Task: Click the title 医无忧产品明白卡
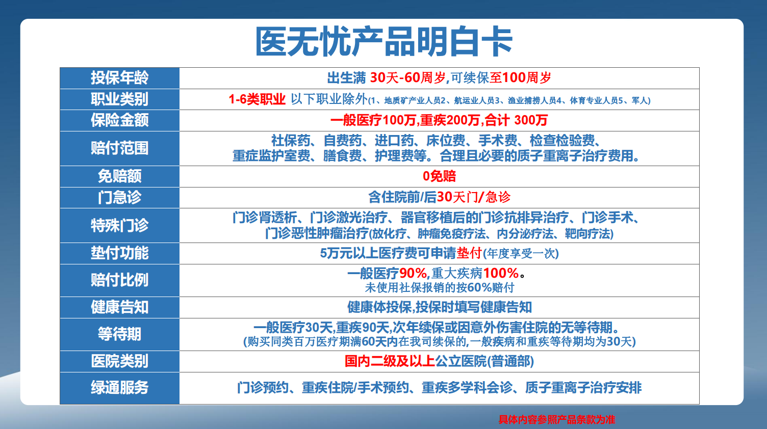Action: point(383,42)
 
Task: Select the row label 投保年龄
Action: point(119,78)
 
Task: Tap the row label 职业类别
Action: point(119,99)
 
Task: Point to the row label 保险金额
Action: point(119,120)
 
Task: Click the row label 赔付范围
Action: point(119,148)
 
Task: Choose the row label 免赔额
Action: point(119,176)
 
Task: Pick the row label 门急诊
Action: point(119,197)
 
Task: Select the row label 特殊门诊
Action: point(119,225)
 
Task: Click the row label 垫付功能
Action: point(119,253)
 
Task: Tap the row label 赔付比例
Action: point(119,280)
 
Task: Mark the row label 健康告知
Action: point(119,307)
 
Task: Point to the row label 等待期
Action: point(119,334)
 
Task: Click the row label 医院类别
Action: point(119,361)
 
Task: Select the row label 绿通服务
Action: point(119,388)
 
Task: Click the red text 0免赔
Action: point(439,176)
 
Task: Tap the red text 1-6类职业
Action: point(257,99)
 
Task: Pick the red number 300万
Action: point(531,120)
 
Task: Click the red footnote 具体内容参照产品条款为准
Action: point(557,419)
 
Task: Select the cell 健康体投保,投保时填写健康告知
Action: point(439,307)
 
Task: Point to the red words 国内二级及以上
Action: point(390,361)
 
